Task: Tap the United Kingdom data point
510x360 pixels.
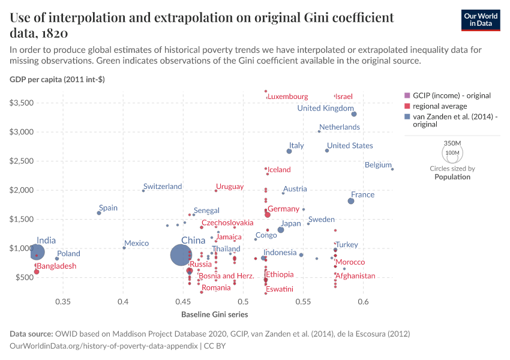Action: (354, 114)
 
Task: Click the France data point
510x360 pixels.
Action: (351, 201)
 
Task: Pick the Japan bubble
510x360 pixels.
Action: (281, 230)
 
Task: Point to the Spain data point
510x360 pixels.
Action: (99, 213)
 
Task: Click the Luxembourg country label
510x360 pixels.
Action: (288, 97)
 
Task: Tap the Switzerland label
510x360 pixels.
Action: (163, 187)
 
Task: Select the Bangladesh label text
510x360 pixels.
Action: (57, 266)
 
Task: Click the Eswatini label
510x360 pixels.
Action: (280, 289)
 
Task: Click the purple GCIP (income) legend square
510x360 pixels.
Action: (407, 95)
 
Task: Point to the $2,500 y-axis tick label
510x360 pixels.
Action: (25, 161)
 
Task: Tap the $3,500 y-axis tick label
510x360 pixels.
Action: (25, 103)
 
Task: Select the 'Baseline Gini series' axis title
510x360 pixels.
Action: (215, 314)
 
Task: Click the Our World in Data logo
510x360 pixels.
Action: (481, 19)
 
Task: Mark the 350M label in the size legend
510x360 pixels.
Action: (452, 143)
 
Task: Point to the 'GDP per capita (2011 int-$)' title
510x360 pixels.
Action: (58, 79)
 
